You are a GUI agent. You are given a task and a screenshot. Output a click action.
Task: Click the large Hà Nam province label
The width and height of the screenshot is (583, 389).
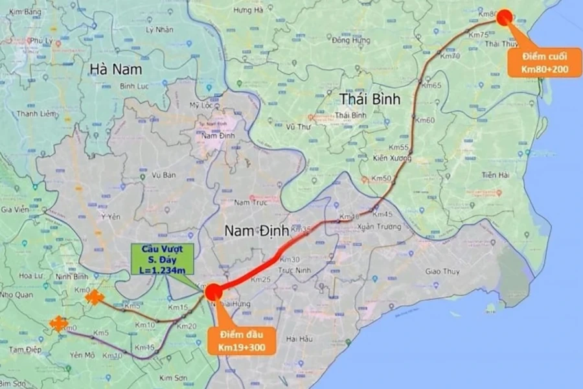click(116, 69)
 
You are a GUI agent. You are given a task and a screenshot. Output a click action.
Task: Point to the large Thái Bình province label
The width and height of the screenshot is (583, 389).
click(370, 99)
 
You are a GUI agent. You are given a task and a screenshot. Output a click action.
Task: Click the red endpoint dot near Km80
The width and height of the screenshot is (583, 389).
click(505, 18)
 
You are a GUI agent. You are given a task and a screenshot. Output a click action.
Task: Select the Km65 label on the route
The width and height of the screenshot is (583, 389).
click(431, 86)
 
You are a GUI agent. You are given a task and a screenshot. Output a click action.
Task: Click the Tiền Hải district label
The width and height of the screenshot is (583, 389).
click(498, 175)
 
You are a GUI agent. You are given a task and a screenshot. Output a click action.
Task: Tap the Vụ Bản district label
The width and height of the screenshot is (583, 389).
click(164, 175)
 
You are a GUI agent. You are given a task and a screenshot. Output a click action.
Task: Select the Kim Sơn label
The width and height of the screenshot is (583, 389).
click(172, 377)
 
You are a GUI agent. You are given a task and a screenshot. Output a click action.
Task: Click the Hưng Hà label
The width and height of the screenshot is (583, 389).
click(248, 10)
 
